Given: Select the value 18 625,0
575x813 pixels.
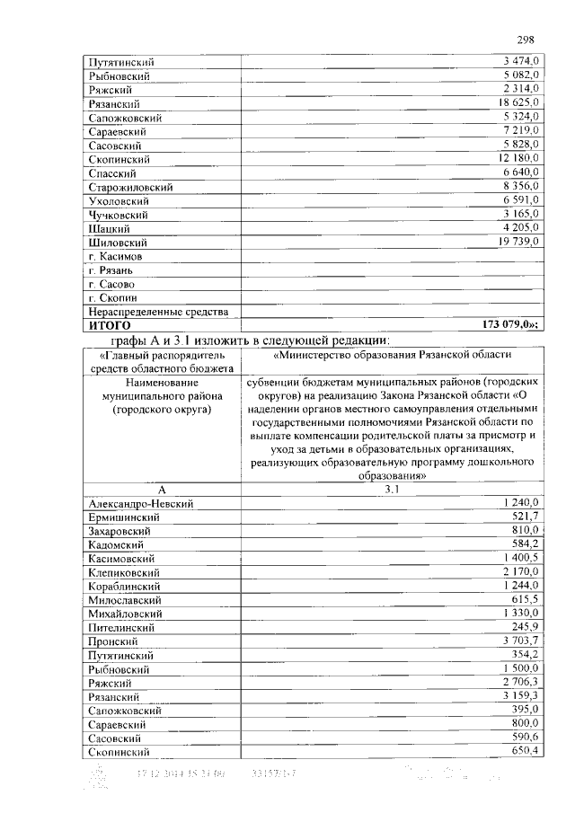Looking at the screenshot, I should pyautogui.click(x=516, y=103).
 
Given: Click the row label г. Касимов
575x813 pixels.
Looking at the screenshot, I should pyautogui.click(x=118, y=256).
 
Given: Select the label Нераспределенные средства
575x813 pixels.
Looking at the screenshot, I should pyautogui.click(x=158, y=311).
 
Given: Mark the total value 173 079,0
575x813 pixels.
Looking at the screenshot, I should pyautogui.click(x=509, y=324).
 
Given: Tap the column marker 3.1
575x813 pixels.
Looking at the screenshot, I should pyautogui.click(x=392, y=490).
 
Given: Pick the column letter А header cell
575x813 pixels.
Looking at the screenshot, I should pyautogui.click(x=163, y=490).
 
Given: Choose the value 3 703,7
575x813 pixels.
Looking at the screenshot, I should pyautogui.click(x=519, y=641).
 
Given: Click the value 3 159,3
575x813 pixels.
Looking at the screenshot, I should pyautogui.click(x=519, y=695).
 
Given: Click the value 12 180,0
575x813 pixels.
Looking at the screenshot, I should pyautogui.click(x=516, y=159).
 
